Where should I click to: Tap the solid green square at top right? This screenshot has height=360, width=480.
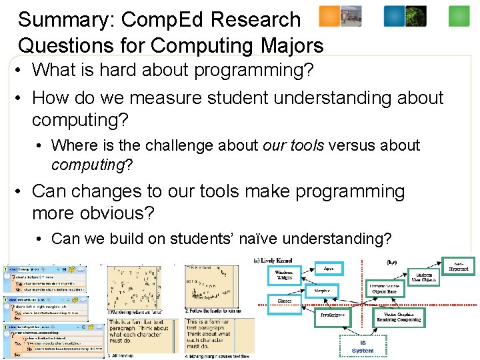(459, 16)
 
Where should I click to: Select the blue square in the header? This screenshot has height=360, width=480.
(394, 16)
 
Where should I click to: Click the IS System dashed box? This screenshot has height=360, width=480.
(363, 345)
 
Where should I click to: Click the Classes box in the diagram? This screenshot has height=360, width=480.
(284, 301)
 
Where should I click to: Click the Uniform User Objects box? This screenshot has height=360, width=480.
(424, 277)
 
